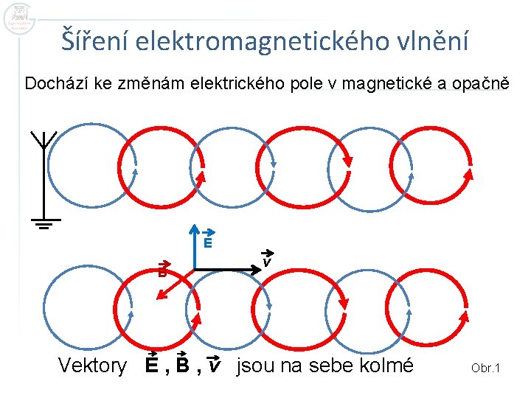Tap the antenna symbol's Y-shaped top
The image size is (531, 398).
point(44,139)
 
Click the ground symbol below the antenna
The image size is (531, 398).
point(45,223)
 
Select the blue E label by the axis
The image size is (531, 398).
point(208,242)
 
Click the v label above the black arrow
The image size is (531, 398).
point(267,261)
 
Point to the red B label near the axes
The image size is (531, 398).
point(164,270)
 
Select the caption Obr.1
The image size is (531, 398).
point(485,367)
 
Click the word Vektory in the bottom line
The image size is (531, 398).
point(92,365)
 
